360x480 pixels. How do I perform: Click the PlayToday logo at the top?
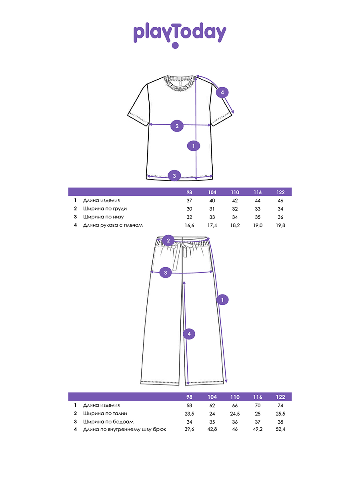[x=180, y=34]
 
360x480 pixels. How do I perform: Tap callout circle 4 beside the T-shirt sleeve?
[x=222, y=93]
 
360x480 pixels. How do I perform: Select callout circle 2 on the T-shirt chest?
[x=177, y=126]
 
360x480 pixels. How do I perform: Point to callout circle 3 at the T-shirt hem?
[x=174, y=175]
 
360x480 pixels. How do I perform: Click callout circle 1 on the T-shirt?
[x=194, y=146]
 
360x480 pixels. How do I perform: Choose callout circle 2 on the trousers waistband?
[x=168, y=240]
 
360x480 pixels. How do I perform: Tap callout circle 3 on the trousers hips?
[x=166, y=273]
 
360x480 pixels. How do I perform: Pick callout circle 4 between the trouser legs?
[x=190, y=334]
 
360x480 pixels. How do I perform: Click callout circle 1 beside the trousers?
[x=222, y=299]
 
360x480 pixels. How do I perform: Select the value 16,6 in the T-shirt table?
[x=189, y=226]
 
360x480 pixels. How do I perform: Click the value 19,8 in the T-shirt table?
[x=280, y=226]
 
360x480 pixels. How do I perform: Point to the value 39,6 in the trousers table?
[x=189, y=430]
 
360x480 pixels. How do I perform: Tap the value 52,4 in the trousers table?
[x=280, y=430]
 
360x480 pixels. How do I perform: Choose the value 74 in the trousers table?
[x=280, y=405]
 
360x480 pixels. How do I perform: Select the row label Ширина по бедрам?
[x=108, y=422]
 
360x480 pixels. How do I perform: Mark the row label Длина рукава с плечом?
[x=113, y=225]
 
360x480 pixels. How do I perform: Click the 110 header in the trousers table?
[x=235, y=397]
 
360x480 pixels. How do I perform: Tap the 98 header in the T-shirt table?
[x=189, y=192]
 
